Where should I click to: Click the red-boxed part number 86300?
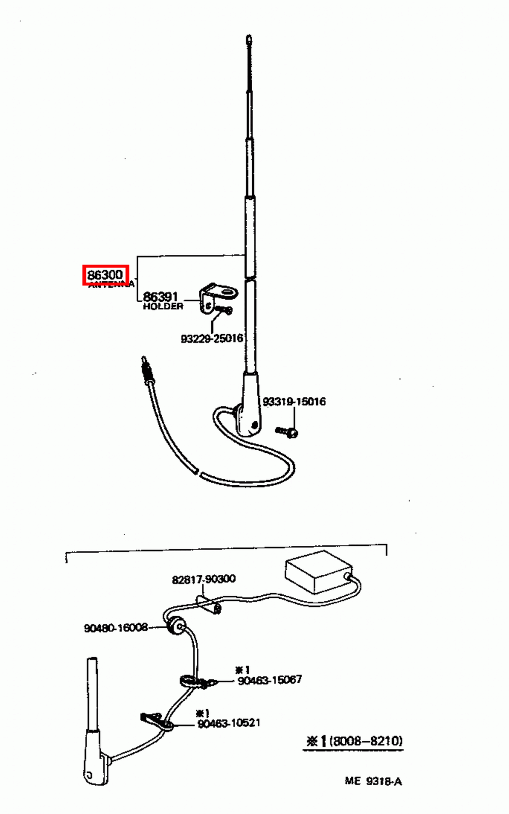(105, 275)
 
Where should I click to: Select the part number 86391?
(160, 297)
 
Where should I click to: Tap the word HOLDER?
(163, 306)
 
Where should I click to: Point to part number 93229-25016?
(212, 338)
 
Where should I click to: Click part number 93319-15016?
(294, 401)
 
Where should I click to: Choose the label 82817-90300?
(203, 579)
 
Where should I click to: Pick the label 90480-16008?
(115, 628)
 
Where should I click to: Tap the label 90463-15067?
(270, 680)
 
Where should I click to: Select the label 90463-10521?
(229, 722)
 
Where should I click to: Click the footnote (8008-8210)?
(366, 741)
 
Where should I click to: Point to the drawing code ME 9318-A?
(373, 781)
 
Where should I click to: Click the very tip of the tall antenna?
(248, 38)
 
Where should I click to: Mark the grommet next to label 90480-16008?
(176, 627)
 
